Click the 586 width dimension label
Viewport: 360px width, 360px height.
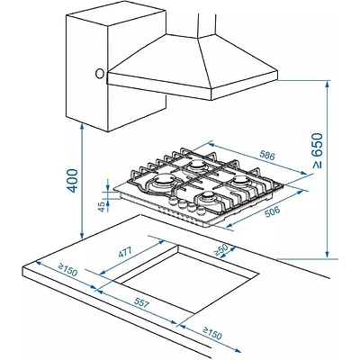coord(267,156)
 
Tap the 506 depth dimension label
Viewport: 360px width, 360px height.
coord(273,211)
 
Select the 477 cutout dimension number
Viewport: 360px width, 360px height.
coord(125,253)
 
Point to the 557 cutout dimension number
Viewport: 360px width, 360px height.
coord(140,304)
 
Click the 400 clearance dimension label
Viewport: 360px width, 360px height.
coord(72,181)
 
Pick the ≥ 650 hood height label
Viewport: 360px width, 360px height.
coord(317,150)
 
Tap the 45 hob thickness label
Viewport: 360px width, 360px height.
coord(102,206)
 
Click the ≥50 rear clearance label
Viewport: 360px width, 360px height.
coord(221,250)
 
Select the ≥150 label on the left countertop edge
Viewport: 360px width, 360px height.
coord(67,270)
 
